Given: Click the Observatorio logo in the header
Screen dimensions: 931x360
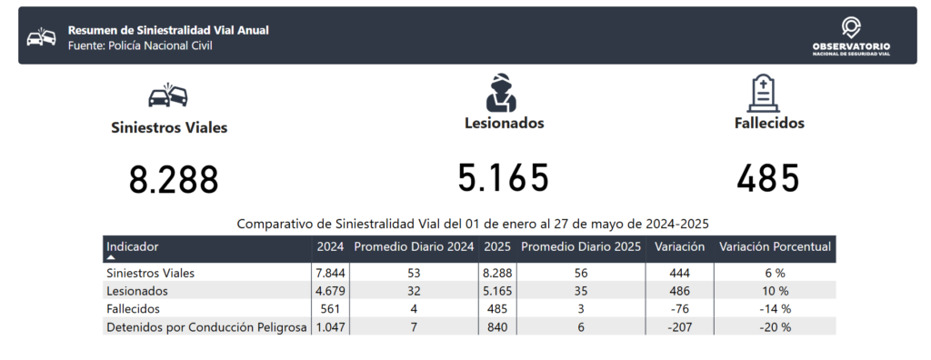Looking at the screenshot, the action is click(x=851, y=36).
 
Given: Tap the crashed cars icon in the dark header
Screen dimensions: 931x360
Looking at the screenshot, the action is click(x=41, y=37).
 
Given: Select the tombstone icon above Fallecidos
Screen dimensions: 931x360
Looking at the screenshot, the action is click(x=763, y=93).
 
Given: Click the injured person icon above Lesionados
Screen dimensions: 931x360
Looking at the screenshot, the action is click(x=501, y=93).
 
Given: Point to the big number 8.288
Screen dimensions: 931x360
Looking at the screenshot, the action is click(x=174, y=180).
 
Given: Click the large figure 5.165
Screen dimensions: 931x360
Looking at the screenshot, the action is click(x=503, y=177).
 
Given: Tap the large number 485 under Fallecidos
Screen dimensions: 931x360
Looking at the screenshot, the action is click(x=767, y=178).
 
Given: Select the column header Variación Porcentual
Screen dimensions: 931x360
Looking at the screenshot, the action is click(x=775, y=246).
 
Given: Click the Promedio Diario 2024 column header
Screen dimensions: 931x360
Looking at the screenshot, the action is click(x=414, y=246).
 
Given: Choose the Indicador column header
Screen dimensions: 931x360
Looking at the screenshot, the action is click(x=133, y=246).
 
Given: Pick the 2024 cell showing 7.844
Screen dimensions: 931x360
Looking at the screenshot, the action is click(x=330, y=274).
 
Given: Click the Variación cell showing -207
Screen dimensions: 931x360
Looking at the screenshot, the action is click(x=679, y=327).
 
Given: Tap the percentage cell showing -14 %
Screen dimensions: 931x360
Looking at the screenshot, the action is click(x=775, y=309).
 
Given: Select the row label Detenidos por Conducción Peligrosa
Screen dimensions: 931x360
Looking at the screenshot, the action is click(x=206, y=327).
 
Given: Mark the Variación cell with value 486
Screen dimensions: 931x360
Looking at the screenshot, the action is click(x=679, y=291).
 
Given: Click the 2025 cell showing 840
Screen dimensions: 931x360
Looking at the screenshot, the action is click(x=497, y=327).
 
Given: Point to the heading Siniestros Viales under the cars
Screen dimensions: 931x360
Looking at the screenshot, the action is click(x=169, y=127).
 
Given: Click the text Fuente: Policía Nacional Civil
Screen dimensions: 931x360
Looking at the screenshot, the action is click(x=140, y=45).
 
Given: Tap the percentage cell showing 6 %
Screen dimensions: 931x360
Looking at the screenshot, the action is click(x=775, y=274).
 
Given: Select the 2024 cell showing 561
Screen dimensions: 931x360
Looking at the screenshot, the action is click(x=330, y=309).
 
